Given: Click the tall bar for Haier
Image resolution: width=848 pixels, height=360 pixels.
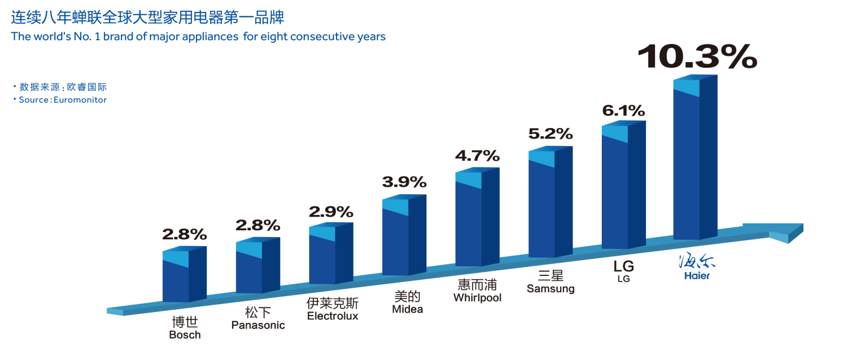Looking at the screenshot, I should [x=694, y=164].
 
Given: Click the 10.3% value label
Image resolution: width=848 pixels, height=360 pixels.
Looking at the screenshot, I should [x=697, y=56].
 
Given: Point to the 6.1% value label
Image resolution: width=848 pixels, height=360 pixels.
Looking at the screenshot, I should [x=623, y=111].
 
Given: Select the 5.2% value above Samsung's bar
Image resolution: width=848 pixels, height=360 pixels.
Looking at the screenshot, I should [x=550, y=134].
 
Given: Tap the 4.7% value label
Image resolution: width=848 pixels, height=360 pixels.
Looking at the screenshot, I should [x=477, y=156].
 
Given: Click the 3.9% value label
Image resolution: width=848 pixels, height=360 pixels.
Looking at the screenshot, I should [x=404, y=182].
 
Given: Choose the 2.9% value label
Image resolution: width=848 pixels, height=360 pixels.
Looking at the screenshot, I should [x=330, y=212].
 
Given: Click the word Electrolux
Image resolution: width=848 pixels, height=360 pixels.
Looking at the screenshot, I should [x=333, y=316].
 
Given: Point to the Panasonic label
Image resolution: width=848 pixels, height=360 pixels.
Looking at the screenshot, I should [x=258, y=326].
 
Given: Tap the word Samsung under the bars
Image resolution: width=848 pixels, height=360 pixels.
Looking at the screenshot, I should [x=550, y=289].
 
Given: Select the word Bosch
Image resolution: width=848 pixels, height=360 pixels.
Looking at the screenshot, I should [x=185, y=335].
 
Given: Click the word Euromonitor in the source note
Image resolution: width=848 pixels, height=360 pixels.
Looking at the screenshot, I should [x=80, y=100].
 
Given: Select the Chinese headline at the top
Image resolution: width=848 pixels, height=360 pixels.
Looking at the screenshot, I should [x=147, y=17].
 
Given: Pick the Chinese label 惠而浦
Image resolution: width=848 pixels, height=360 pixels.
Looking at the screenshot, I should [x=477, y=284].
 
